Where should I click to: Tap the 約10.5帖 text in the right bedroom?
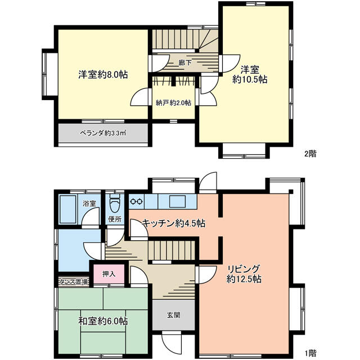click(250, 80)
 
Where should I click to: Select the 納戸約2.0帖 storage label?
click(173, 103)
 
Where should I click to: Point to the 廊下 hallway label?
click(184, 63)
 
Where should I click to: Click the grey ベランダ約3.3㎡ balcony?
click(102, 133)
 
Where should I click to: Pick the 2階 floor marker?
click(310, 153)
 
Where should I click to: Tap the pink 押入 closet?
click(109, 274)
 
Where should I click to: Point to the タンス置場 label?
click(73, 282)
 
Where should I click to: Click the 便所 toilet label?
click(115, 219)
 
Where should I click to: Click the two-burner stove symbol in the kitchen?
click(137, 200)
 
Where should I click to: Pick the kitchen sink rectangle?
click(175, 200)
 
